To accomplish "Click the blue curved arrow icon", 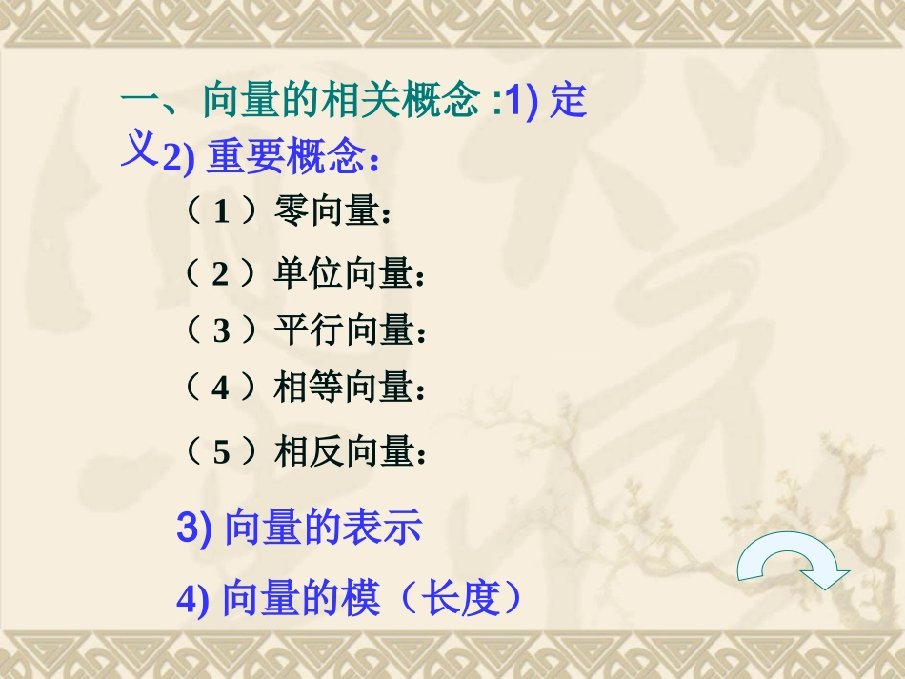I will (x=794, y=568).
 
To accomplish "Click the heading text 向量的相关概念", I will (x=340, y=100).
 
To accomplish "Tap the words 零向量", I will (x=327, y=210).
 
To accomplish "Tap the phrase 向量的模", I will (x=301, y=600).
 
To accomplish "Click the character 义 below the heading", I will (x=138, y=150).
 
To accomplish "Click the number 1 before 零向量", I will (x=221, y=211).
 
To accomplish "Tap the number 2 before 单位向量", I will (x=221, y=275).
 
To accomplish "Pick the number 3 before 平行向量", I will (x=221, y=331).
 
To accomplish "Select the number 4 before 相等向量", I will (x=221, y=389).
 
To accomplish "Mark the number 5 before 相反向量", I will (x=221, y=451).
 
